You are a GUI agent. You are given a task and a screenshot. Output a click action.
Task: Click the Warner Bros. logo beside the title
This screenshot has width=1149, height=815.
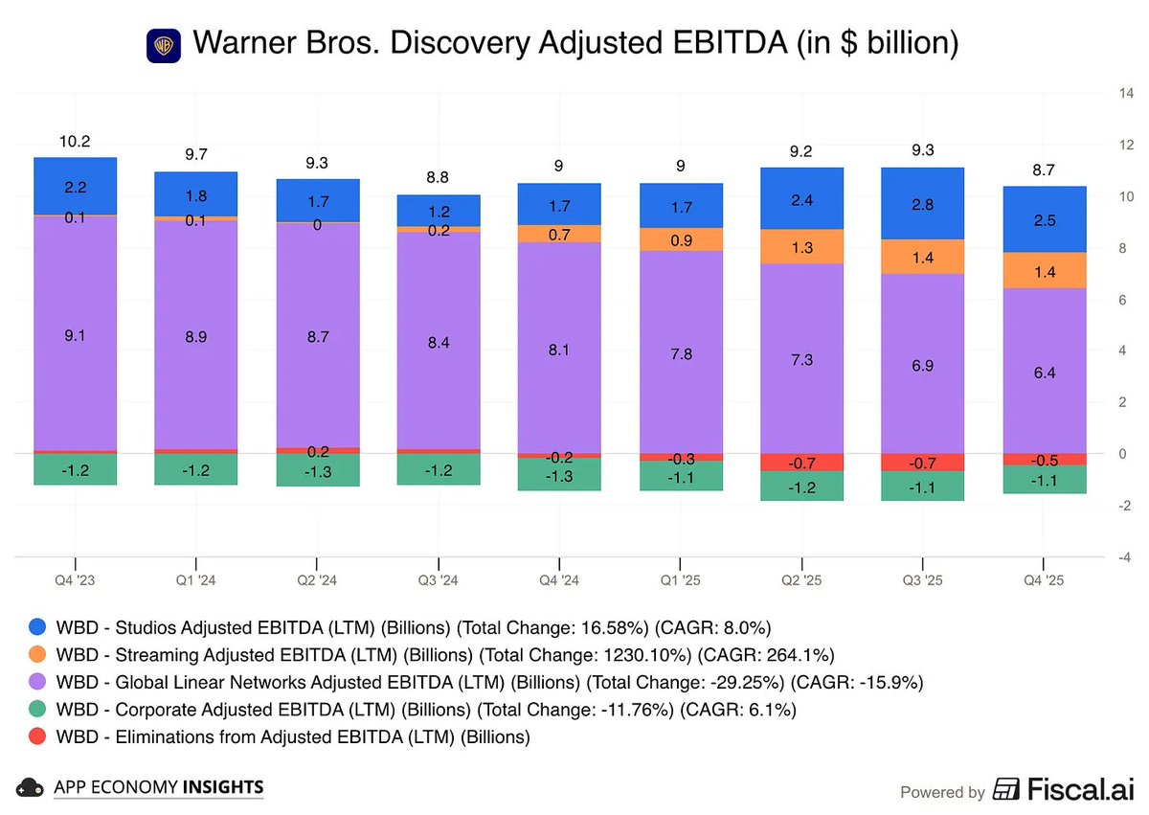click(x=164, y=45)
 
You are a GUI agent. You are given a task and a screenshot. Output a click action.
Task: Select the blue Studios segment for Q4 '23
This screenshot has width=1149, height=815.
click(x=75, y=187)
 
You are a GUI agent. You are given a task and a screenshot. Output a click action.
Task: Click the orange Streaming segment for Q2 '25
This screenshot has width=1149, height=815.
click(x=802, y=247)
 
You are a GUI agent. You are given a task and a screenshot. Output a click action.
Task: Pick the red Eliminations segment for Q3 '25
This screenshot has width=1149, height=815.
click(x=922, y=463)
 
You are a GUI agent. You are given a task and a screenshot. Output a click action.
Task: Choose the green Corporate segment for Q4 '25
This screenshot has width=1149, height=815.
click(x=1044, y=479)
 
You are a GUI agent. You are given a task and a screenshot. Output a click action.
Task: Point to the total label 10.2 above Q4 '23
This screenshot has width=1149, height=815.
click(x=75, y=141)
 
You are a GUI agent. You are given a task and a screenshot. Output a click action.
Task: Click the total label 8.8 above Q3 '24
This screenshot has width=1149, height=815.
click(x=438, y=177)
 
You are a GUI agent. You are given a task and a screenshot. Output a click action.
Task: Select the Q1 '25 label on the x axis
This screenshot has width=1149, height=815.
click(x=681, y=580)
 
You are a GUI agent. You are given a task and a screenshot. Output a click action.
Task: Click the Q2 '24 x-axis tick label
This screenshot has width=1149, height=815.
click(x=317, y=580)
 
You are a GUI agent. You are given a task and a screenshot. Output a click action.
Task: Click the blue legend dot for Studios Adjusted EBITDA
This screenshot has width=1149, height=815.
click(x=37, y=627)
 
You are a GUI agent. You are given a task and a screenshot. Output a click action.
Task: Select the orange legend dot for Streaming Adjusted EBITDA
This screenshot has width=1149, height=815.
click(x=37, y=655)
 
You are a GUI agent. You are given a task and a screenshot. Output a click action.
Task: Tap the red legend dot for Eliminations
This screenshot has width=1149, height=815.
click(x=37, y=736)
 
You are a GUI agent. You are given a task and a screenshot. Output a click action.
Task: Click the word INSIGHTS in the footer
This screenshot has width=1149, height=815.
click(x=223, y=787)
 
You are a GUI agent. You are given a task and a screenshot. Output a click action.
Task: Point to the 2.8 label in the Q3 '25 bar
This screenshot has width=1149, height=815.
click(x=922, y=204)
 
